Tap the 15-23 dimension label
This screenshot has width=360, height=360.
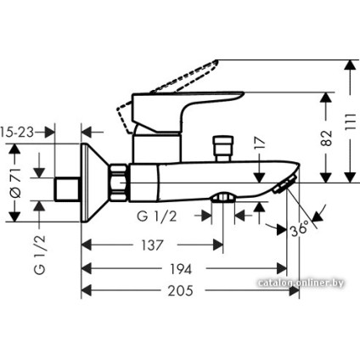pyautogui.click(x=17, y=132)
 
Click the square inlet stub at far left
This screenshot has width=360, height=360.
pyautogui.click(x=65, y=188)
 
